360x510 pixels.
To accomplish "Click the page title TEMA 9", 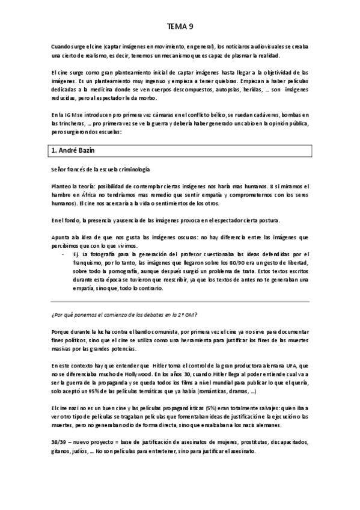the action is (x=180, y=26).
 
